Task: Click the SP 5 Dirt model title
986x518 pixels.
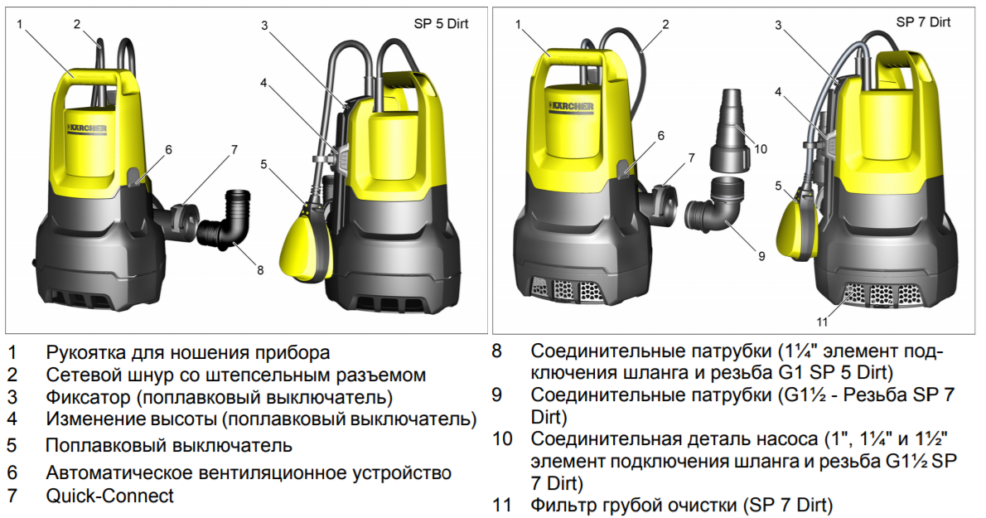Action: pyautogui.click(x=441, y=24)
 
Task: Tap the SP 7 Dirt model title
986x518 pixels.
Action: pyautogui.click(x=923, y=22)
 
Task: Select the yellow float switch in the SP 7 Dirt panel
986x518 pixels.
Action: pyautogui.click(x=797, y=224)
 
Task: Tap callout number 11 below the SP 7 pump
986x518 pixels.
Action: pyautogui.click(x=822, y=322)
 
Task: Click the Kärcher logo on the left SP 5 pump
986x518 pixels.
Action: pyautogui.click(x=87, y=128)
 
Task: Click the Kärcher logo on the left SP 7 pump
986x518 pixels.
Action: pyautogui.click(x=571, y=107)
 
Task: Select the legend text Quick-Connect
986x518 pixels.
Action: pyautogui.click(x=109, y=496)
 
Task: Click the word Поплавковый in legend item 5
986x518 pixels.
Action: pyautogui.click(x=106, y=446)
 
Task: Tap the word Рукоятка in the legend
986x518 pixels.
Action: pyautogui.click(x=85, y=352)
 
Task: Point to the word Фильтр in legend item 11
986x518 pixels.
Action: pyautogui.click(x=563, y=505)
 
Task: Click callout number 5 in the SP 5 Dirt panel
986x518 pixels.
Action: pyautogui.click(x=263, y=165)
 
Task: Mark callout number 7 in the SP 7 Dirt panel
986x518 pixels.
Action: pyautogui.click(x=692, y=157)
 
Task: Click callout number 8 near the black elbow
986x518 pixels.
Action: pyautogui.click(x=260, y=270)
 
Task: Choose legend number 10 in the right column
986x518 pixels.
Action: pyautogui.click(x=502, y=438)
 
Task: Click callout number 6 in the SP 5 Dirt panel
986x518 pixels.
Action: pyautogui.click(x=168, y=150)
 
